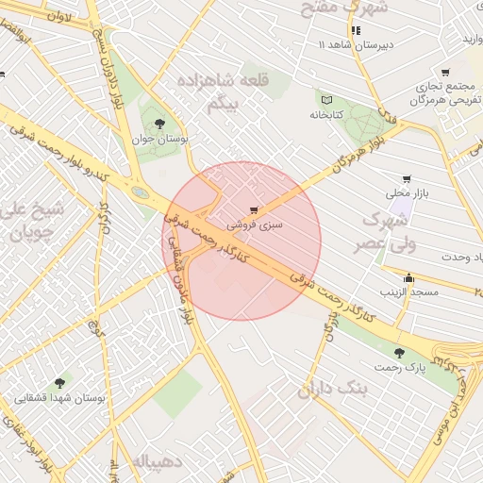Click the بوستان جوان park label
(x=159, y=139)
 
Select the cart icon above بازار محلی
(x=407, y=178)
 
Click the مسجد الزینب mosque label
(x=409, y=292)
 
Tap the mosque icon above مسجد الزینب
(x=408, y=278)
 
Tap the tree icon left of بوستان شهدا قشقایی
(x=60, y=383)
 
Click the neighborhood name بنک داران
(x=326, y=389)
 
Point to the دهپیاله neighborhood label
(x=151, y=462)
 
